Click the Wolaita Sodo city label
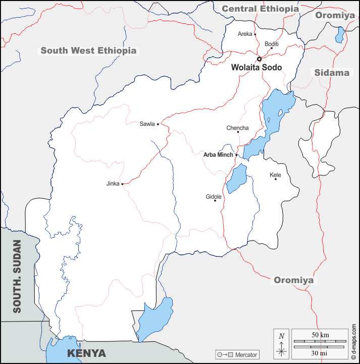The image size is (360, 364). (256, 68)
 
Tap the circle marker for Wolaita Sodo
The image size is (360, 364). (260, 59)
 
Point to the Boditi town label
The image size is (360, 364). (272, 44)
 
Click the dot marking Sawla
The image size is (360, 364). (158, 124)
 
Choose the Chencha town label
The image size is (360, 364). (237, 128)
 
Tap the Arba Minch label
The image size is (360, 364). (218, 155)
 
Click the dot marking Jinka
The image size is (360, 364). (123, 184)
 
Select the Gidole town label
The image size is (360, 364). (214, 197)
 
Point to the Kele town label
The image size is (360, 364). (275, 175)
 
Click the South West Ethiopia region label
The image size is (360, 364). (88, 51)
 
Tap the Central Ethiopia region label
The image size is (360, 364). (260, 9)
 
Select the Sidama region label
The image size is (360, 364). (332, 73)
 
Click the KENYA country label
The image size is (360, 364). (87, 353)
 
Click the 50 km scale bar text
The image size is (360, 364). (320, 335)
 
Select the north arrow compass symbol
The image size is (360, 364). (282, 343)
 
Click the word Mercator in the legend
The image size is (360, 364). (246, 355)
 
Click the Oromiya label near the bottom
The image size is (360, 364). (293, 280)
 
